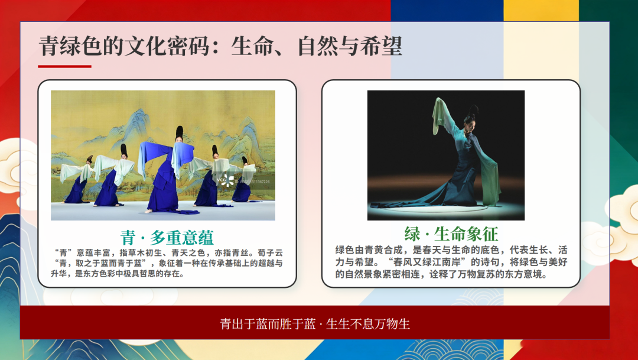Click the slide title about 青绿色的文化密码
(x=220, y=46)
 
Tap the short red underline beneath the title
(x=64, y=66)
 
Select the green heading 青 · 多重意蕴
(x=167, y=237)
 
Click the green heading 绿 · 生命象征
(x=451, y=233)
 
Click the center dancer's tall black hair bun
(x=179, y=133)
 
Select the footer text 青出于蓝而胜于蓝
(x=268, y=324)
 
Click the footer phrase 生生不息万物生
(x=368, y=324)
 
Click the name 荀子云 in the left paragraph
(x=270, y=253)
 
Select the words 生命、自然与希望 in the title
(x=317, y=46)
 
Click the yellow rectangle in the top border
(x=541, y=10)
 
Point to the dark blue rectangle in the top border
(x=447, y=10)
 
